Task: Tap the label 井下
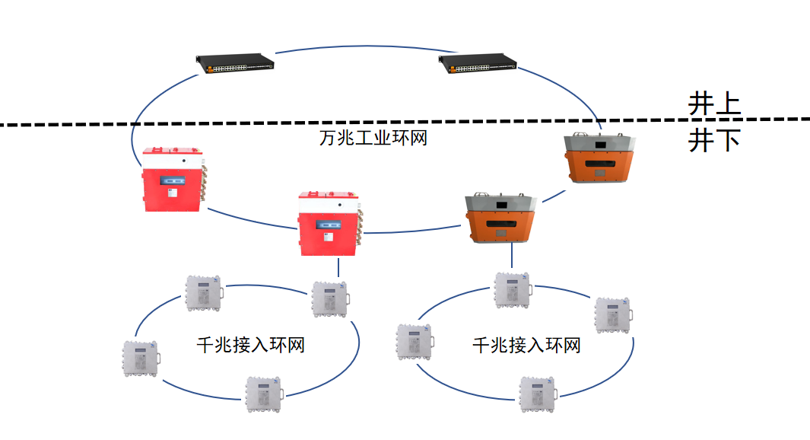713,141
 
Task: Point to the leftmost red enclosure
174,180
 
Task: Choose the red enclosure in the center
329,222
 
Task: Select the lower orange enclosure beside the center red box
501,218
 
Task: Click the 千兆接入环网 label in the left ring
250,345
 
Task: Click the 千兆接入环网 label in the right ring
526,346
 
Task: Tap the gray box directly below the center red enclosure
331,298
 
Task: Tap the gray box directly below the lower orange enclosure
513,290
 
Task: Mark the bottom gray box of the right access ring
538,394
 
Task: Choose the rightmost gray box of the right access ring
613,315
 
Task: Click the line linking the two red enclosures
251,222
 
